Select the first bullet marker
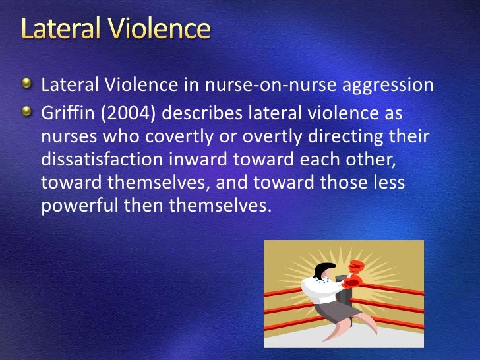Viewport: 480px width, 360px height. tap(26, 84)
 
